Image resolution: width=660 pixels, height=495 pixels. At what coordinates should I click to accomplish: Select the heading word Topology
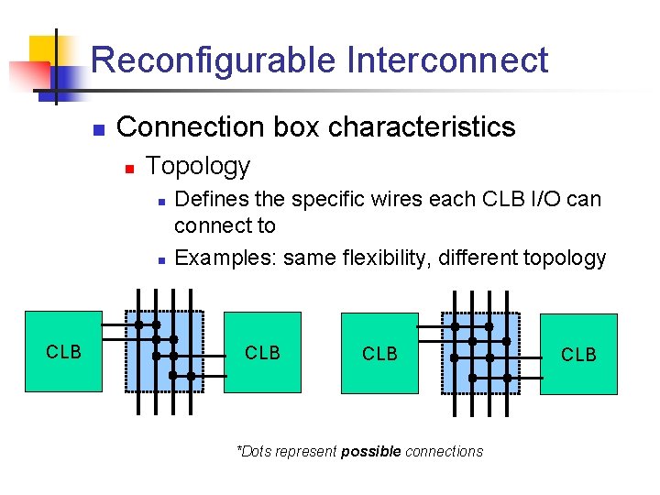pos(198,166)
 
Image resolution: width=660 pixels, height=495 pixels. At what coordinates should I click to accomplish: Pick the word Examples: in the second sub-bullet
pos(225,258)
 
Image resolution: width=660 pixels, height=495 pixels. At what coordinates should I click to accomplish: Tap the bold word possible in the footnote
pos(370,451)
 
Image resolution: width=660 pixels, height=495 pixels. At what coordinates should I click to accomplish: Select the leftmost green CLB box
pos(63,352)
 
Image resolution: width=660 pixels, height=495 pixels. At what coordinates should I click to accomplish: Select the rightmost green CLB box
pos(578,354)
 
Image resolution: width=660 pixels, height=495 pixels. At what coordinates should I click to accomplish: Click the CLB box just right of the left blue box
pos(262,352)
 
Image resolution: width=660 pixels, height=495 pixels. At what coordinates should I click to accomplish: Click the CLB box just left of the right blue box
pos(379,353)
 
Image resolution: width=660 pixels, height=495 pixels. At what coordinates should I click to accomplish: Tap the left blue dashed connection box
pos(164,351)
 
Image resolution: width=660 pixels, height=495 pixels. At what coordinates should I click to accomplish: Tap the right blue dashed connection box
pos(480,353)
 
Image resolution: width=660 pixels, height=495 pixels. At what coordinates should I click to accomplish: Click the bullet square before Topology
pos(129,168)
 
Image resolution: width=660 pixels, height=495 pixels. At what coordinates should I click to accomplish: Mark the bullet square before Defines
pos(160,201)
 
